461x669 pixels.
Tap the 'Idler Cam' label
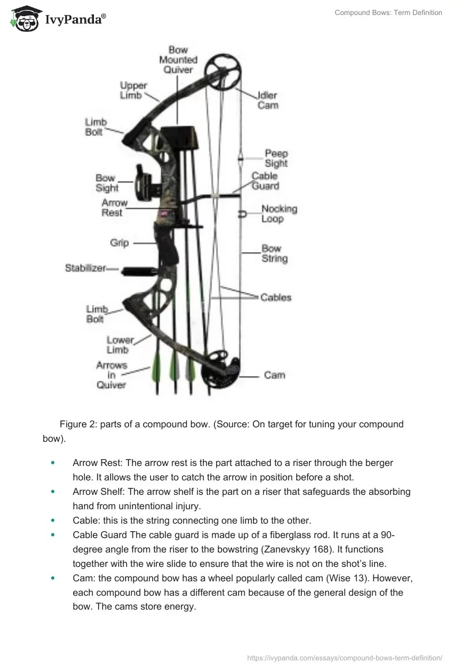pos(267,100)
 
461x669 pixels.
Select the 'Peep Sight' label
pos(276,159)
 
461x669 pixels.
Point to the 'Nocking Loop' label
pos(279,214)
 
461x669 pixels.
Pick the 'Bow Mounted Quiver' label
pos(178,60)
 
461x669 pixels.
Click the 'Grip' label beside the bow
pos(119,243)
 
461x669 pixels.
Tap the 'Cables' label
pos(275,298)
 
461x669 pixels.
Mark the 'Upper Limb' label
pos(133,91)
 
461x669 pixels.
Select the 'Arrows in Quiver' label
pos(112,375)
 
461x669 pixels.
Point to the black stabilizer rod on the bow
pos(138,270)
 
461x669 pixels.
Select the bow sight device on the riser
pos(143,180)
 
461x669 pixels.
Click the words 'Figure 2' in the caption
pos(77,424)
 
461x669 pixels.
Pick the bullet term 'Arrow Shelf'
pos(97,492)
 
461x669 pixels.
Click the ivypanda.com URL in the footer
pos(345,657)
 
